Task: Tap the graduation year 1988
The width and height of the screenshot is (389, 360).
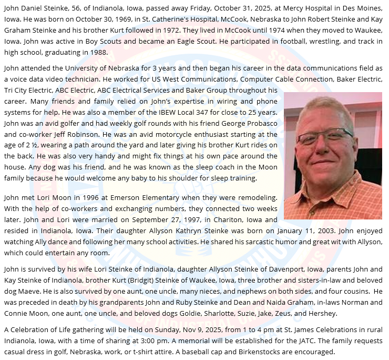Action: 98,52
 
